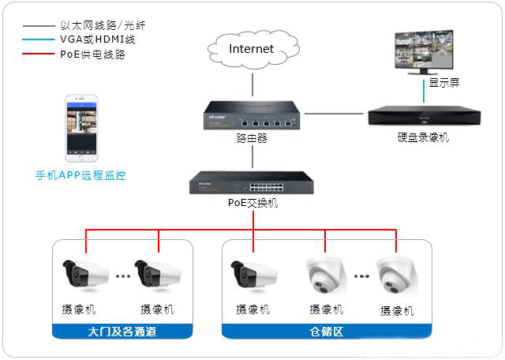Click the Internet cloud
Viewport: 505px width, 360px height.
[251, 50]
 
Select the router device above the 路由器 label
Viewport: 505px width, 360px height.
[252, 114]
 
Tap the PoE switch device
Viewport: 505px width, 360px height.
[252, 183]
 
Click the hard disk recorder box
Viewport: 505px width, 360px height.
[424, 117]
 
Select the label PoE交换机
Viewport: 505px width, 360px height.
[252, 203]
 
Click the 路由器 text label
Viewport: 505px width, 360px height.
[252, 137]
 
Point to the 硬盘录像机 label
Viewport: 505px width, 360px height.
[424, 137]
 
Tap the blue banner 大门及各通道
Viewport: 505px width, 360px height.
[122, 332]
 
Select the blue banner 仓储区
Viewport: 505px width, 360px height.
[327, 332]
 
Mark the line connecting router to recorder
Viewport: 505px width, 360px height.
[335, 114]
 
